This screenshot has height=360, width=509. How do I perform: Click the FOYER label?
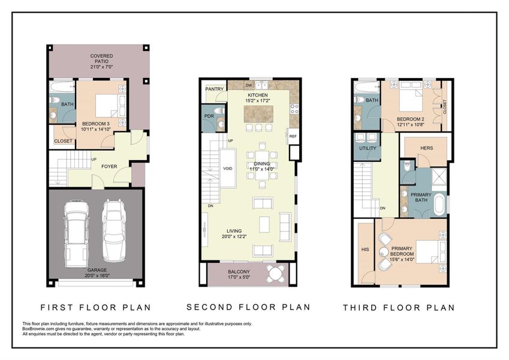[x=109, y=167]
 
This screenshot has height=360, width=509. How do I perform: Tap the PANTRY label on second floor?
[x=214, y=89]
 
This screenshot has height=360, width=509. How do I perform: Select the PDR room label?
[x=209, y=116]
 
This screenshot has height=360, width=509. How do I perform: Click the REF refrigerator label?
[x=293, y=136]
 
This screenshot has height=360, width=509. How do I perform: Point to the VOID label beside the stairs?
[x=228, y=169]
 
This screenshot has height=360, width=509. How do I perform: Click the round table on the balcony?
[x=276, y=274]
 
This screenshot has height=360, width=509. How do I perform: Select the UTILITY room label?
[x=367, y=148]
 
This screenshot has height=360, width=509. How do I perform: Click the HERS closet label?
[x=426, y=148]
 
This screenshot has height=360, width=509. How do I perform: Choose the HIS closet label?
[x=365, y=249]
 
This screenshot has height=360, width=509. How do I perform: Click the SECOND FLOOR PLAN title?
[x=248, y=307]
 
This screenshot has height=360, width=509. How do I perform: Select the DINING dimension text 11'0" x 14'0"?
[x=261, y=170]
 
